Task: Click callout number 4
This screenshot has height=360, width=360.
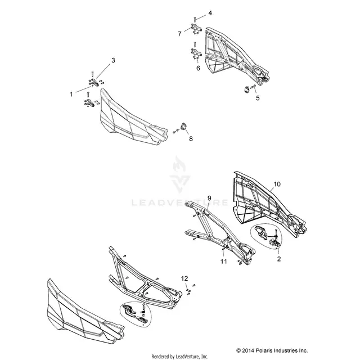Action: pos(210,13)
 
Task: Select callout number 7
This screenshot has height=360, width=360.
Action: pos(179,34)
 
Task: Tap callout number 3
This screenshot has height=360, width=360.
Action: pos(113,60)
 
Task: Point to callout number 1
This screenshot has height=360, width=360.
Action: pos(71,94)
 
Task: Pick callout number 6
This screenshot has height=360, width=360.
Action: pos(198,68)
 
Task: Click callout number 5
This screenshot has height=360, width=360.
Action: pos(258,98)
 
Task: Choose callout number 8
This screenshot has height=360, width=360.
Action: pos(191,139)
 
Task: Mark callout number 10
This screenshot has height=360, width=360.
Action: pos(277,184)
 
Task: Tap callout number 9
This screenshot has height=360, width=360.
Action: pos(209,198)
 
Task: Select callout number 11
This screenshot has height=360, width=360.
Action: pos(224,262)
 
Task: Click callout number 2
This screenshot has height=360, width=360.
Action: pos(279,259)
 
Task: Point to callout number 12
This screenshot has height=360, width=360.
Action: pos(184,278)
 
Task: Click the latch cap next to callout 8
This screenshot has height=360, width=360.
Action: pos(184,127)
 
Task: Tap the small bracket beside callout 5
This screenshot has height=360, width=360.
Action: pos(246,89)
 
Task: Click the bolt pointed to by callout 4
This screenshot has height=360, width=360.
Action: pos(195,20)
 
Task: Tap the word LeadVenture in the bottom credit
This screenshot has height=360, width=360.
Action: pos(186,357)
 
